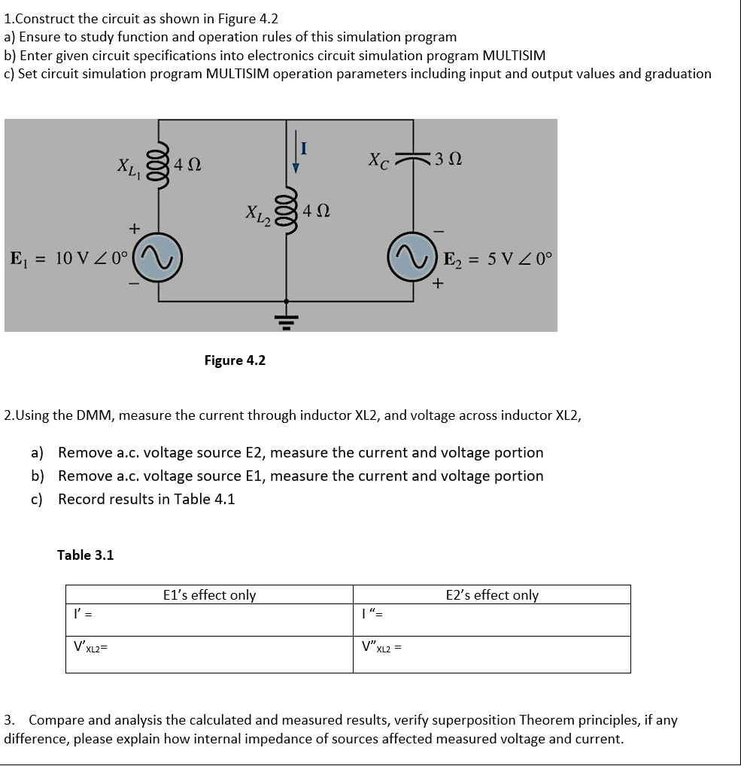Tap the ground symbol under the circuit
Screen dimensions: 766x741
286,317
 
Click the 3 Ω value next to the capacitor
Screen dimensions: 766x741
450,160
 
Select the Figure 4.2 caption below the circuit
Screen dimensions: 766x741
235,360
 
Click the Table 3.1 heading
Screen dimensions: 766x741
86,555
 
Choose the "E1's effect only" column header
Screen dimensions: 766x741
209,595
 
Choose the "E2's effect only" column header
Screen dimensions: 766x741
492,595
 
